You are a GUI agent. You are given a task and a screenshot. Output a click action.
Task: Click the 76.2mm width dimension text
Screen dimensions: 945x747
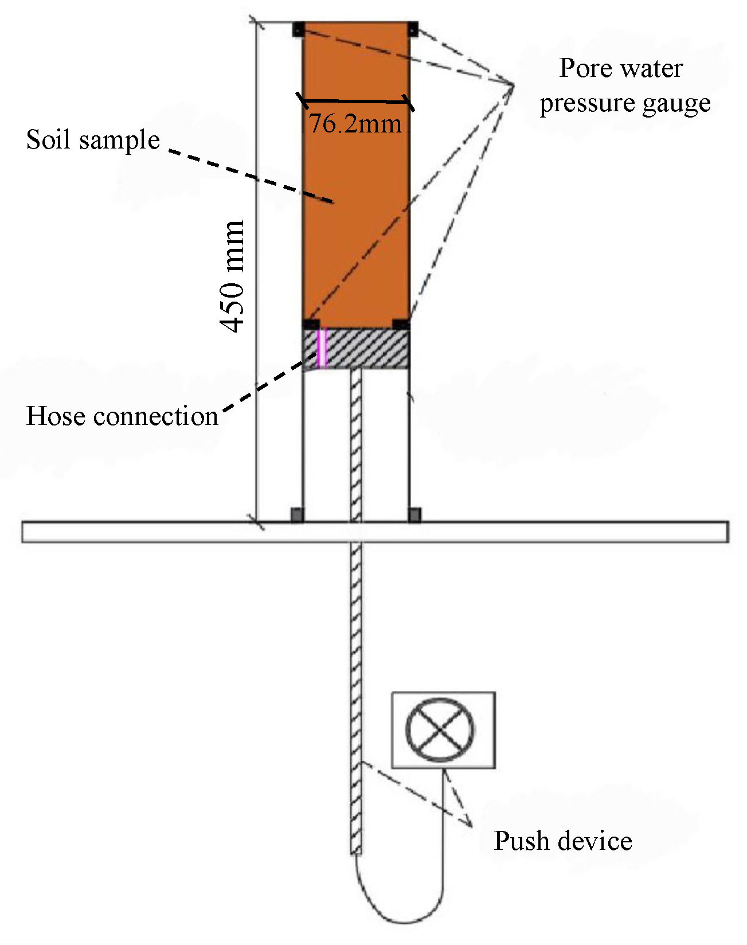coord(355,123)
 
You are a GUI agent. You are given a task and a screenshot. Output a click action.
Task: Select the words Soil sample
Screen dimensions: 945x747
coord(93,140)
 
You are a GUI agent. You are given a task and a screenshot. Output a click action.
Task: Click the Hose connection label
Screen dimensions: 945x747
coord(122,416)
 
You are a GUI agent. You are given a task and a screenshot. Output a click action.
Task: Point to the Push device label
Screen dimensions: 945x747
coord(563,841)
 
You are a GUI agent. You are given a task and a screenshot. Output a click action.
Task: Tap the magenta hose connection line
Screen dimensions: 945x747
coord(322,347)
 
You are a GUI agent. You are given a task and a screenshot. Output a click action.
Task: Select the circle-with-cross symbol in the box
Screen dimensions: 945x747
coord(440,729)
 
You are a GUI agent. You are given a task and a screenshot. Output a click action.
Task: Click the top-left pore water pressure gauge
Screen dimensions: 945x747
coord(298,29)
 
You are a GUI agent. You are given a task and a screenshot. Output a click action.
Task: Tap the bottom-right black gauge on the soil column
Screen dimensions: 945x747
coord(401,324)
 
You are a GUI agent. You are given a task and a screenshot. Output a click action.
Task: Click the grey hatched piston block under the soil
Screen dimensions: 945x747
coord(367,348)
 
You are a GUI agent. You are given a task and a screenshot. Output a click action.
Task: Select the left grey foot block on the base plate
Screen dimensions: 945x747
coord(297,514)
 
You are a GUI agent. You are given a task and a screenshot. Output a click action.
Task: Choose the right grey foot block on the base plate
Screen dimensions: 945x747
coord(414,514)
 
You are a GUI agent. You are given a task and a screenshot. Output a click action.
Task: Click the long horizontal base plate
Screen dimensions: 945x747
coord(516,532)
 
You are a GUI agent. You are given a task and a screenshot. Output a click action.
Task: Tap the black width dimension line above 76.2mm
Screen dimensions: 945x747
coord(355,101)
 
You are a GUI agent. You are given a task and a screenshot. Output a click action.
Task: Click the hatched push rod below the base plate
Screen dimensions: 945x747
coord(356,688)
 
